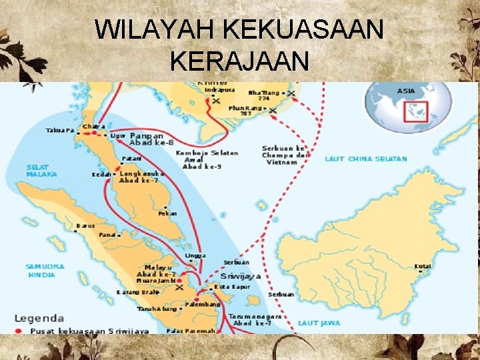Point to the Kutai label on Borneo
(x=423, y=267)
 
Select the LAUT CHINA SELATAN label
(x=366, y=159)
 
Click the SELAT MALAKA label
(x=41, y=171)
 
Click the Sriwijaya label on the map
(x=240, y=275)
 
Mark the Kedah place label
(x=101, y=175)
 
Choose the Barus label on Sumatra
(x=86, y=225)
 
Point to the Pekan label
(x=167, y=214)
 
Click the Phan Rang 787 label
(x=244, y=110)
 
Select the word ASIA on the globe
(x=405, y=90)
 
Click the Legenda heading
(x=40, y=319)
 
